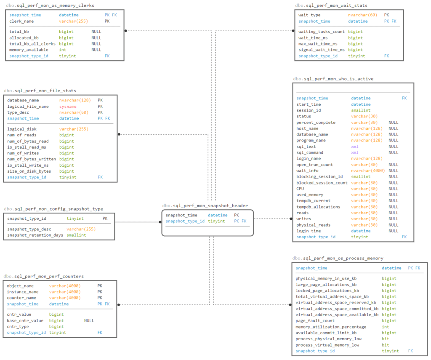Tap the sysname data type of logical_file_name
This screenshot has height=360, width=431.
[x=68, y=107]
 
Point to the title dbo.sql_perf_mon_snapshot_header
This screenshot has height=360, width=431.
[x=205, y=205]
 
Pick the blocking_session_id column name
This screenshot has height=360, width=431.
[x=319, y=177]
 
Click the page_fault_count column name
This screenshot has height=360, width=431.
[x=315, y=321]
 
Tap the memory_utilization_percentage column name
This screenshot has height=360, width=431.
[x=331, y=327]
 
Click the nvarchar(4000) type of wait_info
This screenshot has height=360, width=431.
[x=367, y=171]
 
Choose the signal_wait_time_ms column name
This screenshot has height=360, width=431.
[x=322, y=50]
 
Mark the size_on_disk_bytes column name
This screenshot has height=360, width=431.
[x=29, y=171]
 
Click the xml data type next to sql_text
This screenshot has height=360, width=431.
[x=354, y=147]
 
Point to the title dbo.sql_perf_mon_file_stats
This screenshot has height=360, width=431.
[x=40, y=91]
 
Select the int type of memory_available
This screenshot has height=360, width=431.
[x=62, y=50]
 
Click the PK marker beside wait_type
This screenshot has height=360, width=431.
[x=387, y=15]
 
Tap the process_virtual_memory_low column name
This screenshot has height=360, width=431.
[x=327, y=345]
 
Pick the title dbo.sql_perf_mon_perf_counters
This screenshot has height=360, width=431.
[x=44, y=276]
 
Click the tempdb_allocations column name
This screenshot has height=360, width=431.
[x=318, y=207]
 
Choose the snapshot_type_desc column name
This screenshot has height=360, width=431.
[x=29, y=229]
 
